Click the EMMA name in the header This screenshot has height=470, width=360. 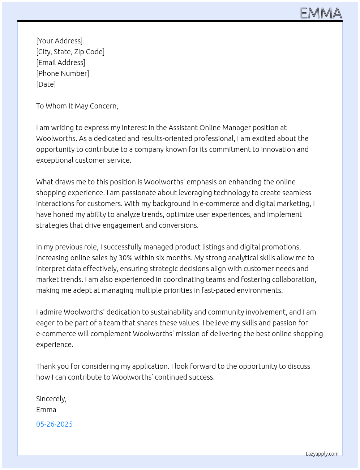(x=321, y=13)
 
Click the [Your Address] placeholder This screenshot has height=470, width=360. (x=59, y=41)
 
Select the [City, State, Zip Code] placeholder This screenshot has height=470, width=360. (x=70, y=52)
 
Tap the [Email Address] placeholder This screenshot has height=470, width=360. (x=61, y=63)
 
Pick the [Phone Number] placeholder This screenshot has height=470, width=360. (x=63, y=73)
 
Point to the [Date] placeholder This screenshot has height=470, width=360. (x=46, y=84)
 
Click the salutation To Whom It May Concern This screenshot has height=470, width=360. (x=77, y=106)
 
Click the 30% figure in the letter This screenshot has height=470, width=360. (x=125, y=258)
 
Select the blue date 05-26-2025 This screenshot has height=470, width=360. (x=54, y=424)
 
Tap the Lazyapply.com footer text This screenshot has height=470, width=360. (x=322, y=454)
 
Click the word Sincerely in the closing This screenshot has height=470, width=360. (x=51, y=399)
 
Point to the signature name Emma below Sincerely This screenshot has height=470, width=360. (x=46, y=410)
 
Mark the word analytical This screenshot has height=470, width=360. (x=237, y=258)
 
